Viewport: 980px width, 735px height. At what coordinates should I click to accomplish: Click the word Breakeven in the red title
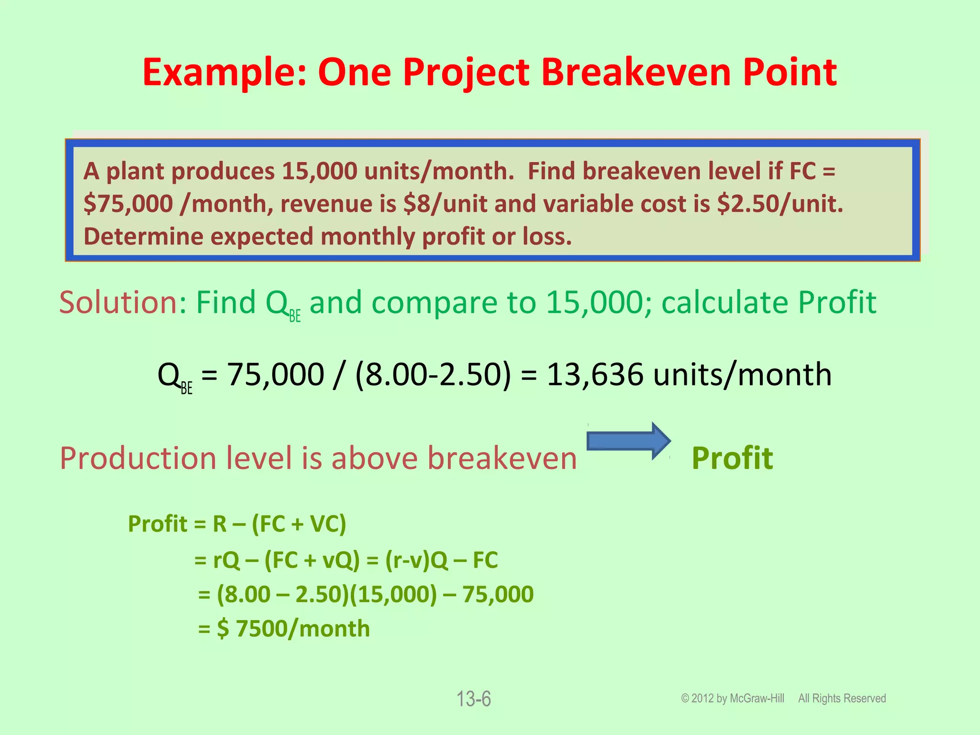tap(636, 73)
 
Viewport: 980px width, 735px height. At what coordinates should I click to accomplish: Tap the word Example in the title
tap(224, 73)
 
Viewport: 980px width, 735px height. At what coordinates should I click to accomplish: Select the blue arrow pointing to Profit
tap(628, 441)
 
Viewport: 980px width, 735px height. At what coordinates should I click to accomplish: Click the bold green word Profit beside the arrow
tap(732, 458)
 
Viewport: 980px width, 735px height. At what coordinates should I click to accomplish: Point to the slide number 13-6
tap(473, 699)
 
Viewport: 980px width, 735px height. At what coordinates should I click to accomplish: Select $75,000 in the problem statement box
tap(128, 204)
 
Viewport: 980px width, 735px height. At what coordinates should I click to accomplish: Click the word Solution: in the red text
tap(122, 302)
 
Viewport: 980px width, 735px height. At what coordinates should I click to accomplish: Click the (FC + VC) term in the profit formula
tap(299, 523)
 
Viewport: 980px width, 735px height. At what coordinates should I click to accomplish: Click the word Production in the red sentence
tap(138, 458)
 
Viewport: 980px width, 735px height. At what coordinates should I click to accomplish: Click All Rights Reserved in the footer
tap(842, 699)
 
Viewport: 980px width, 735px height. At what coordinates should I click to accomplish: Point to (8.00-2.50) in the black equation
tap(433, 374)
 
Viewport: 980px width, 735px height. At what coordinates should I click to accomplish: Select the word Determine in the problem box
tap(144, 236)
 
